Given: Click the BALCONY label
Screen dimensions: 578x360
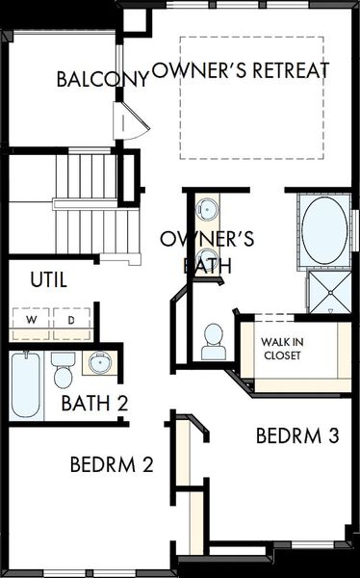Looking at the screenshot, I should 101,79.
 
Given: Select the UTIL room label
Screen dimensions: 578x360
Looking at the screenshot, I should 49,280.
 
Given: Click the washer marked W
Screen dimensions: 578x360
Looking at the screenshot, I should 31,320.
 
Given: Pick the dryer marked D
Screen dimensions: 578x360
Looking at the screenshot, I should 71,320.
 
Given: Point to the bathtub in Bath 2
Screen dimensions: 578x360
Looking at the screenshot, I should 26,385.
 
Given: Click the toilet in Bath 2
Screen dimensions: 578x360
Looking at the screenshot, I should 64,369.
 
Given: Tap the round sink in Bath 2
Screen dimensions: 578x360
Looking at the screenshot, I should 97,364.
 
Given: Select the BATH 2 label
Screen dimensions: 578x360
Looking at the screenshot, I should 94,404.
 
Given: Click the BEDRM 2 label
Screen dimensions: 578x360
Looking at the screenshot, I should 112,464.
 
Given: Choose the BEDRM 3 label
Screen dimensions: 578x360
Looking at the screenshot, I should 297,435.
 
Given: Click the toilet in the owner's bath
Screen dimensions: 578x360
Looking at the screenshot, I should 213,341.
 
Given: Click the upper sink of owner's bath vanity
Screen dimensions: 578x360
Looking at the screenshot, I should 207,209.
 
